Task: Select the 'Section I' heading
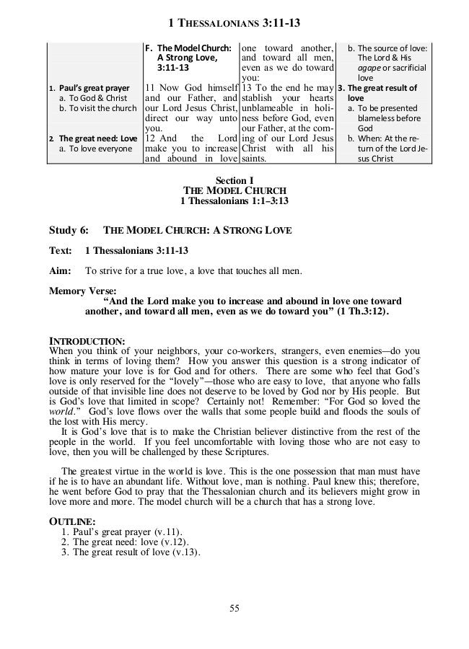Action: [234, 180]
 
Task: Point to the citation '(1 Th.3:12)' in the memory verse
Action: [361, 312]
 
